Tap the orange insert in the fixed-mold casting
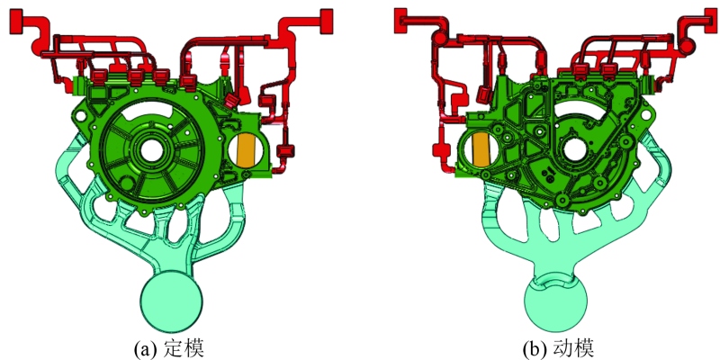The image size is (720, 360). click(x=247, y=150)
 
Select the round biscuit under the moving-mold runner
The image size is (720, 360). click(x=555, y=303)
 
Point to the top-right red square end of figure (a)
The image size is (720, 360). click(x=326, y=21)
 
